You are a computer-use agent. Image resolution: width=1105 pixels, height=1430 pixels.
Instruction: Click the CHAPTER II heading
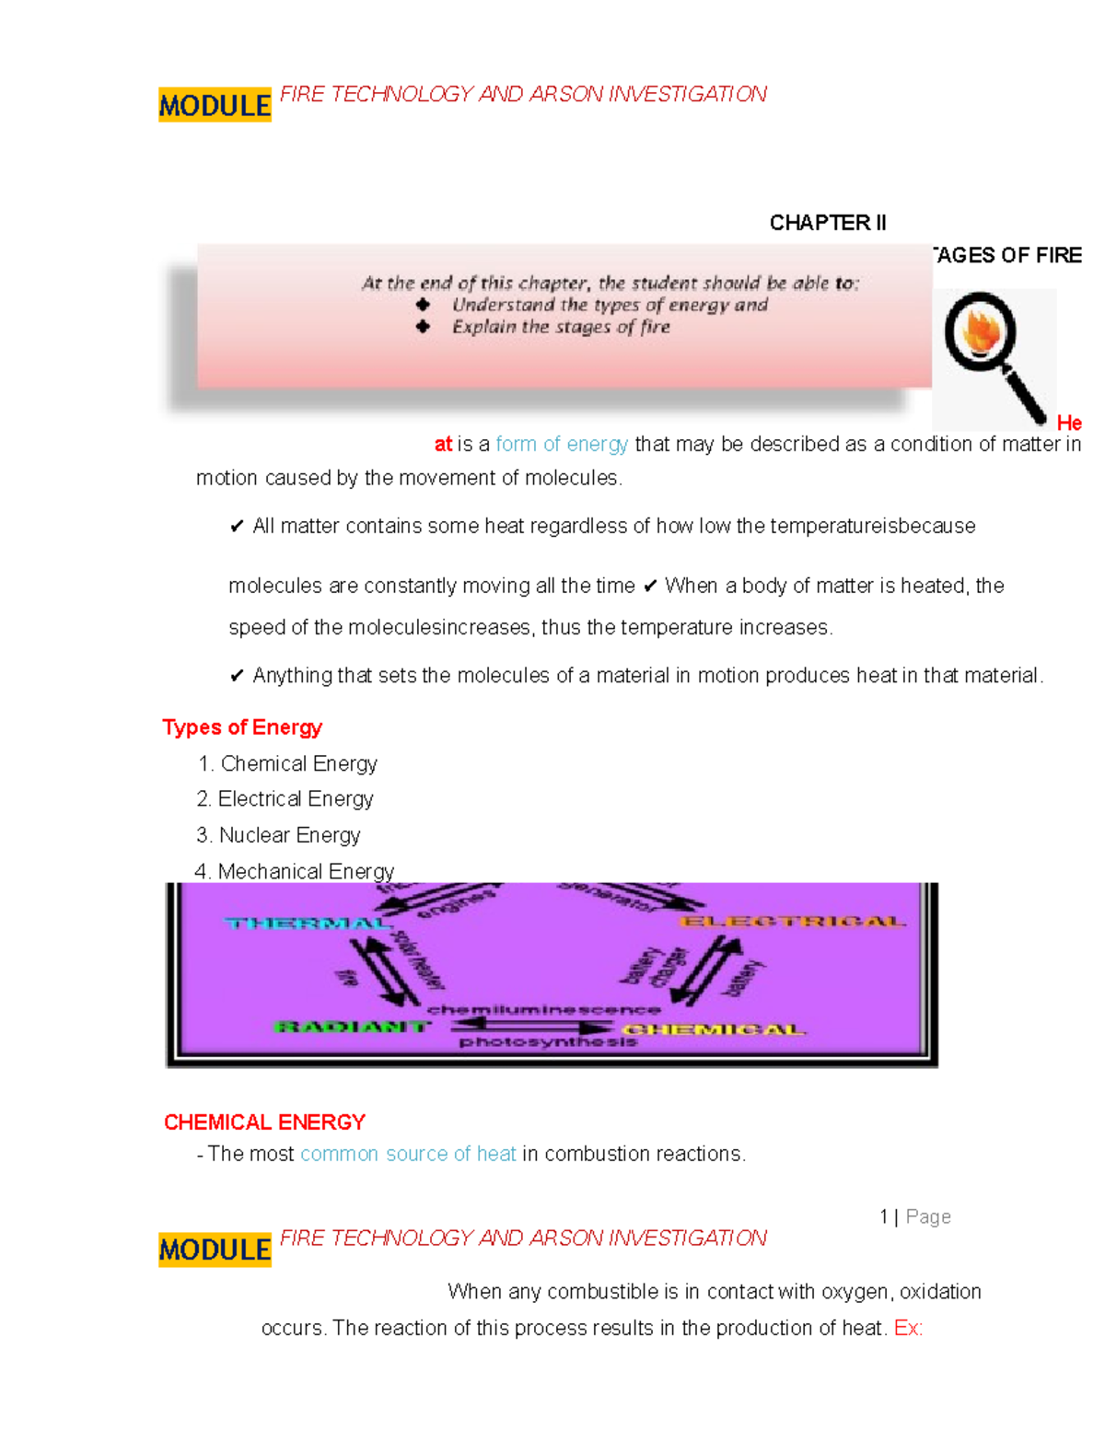click(827, 223)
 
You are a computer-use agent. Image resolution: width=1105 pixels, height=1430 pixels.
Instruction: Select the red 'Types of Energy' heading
click(242, 727)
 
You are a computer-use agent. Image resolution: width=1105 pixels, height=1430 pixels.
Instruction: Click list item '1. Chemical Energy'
click(287, 764)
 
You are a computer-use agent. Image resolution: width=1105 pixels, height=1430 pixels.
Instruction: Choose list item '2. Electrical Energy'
click(285, 799)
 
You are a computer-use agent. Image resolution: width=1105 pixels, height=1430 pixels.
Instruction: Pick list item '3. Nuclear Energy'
click(278, 835)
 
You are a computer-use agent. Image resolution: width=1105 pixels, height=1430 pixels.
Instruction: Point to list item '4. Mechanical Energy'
click(295, 871)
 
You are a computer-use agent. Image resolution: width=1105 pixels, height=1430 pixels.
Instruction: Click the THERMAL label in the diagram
click(308, 924)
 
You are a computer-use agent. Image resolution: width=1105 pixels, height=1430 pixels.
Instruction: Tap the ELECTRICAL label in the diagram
click(792, 922)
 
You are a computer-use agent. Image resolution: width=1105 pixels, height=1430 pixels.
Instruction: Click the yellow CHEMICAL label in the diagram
click(714, 1029)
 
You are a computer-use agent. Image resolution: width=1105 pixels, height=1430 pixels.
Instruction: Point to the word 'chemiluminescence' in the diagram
click(543, 1009)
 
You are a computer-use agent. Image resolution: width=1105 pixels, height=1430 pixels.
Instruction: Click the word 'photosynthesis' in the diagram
click(548, 1042)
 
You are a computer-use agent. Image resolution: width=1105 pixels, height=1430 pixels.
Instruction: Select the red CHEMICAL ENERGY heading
click(264, 1122)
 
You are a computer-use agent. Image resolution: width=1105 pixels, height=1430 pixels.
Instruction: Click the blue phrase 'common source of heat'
click(408, 1155)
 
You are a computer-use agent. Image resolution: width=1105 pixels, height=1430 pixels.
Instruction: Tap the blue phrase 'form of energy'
click(562, 445)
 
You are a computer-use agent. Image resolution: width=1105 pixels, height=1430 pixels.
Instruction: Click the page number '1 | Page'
click(914, 1217)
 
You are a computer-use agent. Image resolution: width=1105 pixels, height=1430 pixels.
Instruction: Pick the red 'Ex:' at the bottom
click(908, 1329)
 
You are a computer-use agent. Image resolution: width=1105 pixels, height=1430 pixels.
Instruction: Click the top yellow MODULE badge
click(215, 106)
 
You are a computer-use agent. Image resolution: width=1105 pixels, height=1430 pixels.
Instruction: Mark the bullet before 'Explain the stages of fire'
click(423, 327)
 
